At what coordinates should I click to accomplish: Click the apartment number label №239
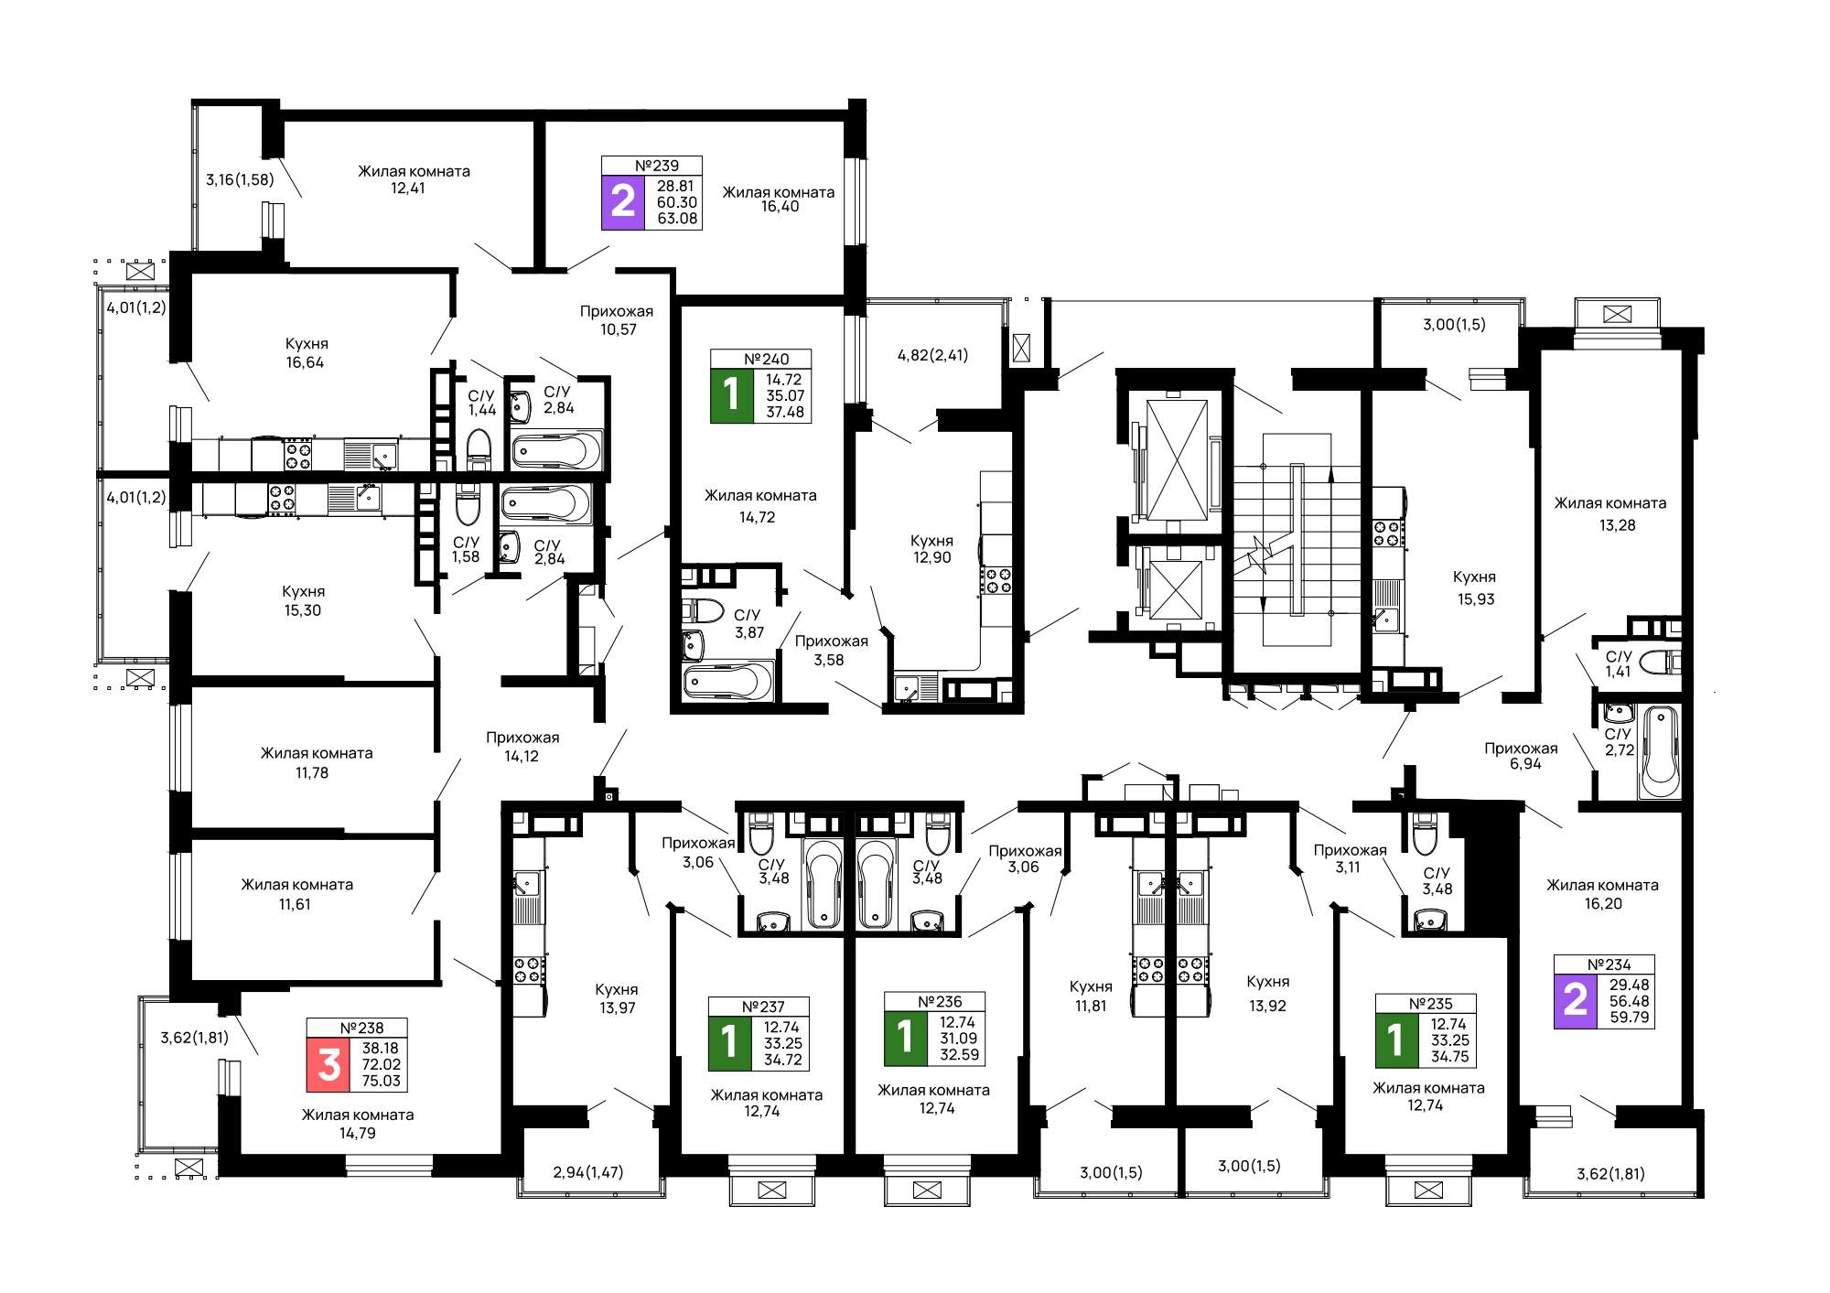(x=657, y=166)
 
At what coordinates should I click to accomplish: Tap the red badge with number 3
(x=328, y=1064)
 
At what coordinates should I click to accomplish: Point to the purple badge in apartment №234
(x=1576, y=1001)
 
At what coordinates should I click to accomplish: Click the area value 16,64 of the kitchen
(x=305, y=362)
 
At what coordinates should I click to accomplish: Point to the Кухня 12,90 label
(x=932, y=549)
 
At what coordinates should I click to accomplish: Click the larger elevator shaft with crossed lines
(x=1178, y=459)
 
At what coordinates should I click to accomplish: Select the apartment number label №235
(x=1431, y=1003)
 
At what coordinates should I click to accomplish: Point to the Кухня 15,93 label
(x=1475, y=588)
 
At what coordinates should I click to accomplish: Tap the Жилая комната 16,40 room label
(x=779, y=199)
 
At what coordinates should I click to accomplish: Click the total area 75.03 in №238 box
(x=381, y=1081)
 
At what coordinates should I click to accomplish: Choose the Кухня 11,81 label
(x=1091, y=997)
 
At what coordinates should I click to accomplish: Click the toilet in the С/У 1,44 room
(x=479, y=448)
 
